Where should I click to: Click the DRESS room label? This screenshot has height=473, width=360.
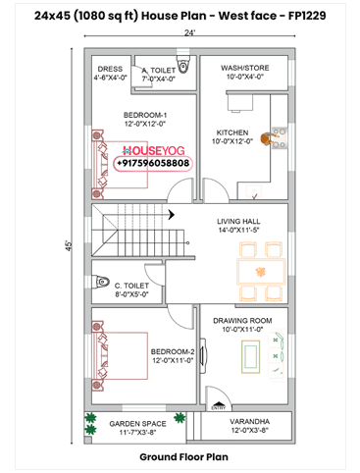(110, 69)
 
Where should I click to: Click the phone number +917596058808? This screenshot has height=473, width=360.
(153, 163)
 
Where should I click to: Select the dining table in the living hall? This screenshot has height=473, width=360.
(259, 272)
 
